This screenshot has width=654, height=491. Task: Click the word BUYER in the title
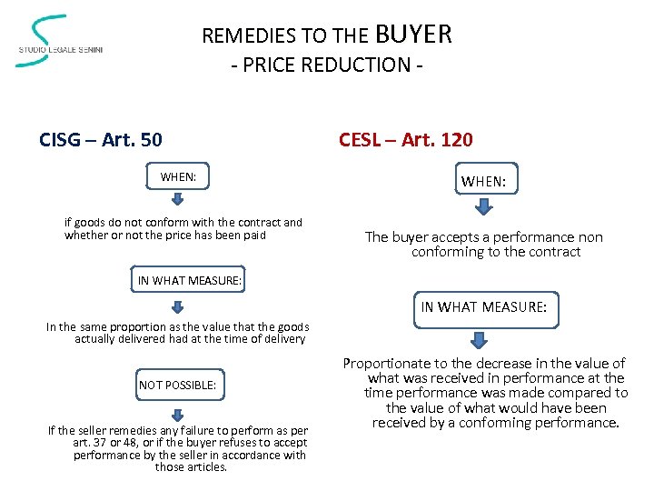(x=412, y=35)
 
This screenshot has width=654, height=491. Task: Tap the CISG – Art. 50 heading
(x=101, y=140)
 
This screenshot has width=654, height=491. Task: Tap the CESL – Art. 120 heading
(x=405, y=140)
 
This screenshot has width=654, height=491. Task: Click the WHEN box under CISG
(x=178, y=176)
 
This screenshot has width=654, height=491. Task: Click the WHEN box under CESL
(x=484, y=182)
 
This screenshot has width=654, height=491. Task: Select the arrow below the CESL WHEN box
(x=484, y=207)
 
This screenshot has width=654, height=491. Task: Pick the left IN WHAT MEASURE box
(x=190, y=281)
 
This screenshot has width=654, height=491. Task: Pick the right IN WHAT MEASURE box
(x=484, y=308)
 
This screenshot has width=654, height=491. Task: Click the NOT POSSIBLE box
(x=178, y=385)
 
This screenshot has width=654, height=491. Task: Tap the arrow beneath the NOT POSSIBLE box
(x=178, y=409)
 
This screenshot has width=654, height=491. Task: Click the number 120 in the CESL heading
(x=455, y=140)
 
